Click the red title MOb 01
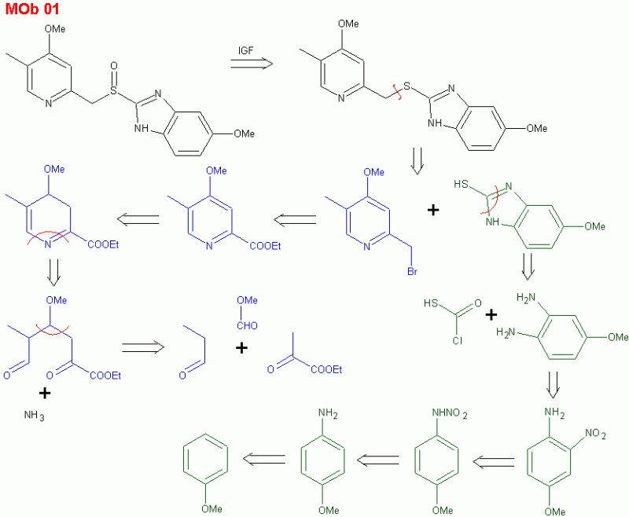32,9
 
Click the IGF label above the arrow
246,50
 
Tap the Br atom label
412,271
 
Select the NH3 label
34,415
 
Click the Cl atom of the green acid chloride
458,341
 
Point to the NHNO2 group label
449,413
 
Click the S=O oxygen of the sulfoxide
114,66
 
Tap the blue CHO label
247,326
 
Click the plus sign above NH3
45,393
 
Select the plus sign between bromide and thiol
433,210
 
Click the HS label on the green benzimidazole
462,184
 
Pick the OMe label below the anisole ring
212,509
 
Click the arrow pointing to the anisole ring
264,460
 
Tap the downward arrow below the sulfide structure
417,161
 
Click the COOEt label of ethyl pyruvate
326,369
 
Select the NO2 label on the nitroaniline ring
595,434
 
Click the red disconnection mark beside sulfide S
398,92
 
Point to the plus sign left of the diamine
491,315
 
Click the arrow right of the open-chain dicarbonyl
143,347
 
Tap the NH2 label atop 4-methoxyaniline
328,413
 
